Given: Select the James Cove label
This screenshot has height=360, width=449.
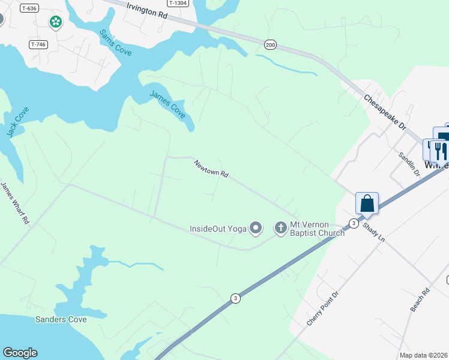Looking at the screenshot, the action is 167,103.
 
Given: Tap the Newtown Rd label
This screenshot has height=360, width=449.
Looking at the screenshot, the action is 211,169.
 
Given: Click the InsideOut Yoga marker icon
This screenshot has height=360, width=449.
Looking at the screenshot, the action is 256,228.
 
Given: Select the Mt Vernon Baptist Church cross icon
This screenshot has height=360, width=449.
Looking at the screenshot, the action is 280,228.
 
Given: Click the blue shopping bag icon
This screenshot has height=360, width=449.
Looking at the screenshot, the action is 367,203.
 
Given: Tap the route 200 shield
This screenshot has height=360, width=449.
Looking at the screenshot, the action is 270,44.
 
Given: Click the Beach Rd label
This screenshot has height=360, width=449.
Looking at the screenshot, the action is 421,300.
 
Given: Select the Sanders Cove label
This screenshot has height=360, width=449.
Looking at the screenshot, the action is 61,319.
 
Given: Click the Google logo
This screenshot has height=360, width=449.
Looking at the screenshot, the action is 20,353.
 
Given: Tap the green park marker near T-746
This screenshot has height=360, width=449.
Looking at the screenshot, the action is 55,22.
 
